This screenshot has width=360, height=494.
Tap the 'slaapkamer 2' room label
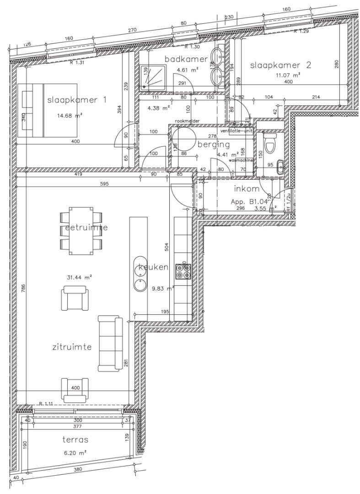point(280,65)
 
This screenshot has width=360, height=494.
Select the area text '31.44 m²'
point(79,277)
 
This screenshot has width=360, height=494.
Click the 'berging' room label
point(214,144)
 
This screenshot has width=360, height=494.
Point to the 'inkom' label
point(247,188)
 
